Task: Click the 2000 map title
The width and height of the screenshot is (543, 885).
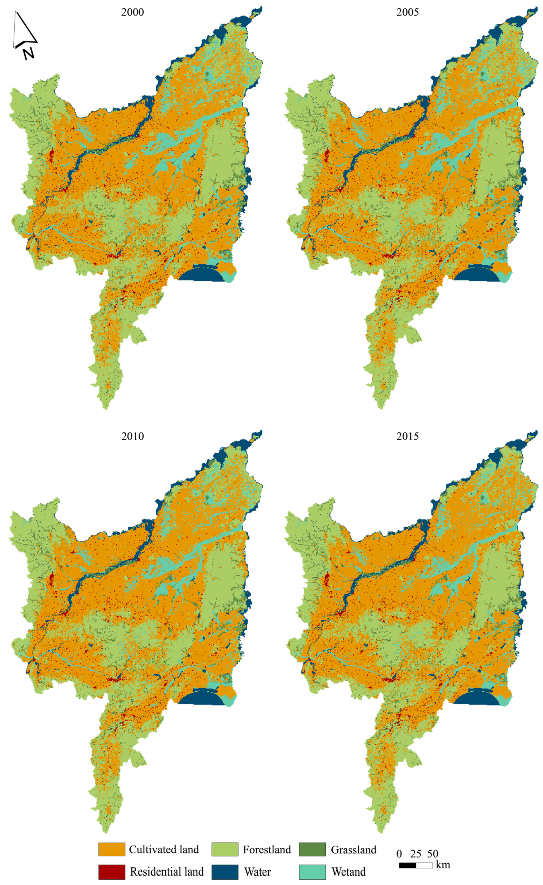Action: coord(132,12)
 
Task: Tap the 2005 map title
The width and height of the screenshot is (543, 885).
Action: coord(407,12)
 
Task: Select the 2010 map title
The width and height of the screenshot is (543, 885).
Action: coord(132,436)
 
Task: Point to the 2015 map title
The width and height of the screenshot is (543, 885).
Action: coord(407,436)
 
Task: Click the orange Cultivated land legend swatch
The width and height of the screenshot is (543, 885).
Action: coord(111,849)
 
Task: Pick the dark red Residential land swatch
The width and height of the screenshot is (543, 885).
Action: coord(111,872)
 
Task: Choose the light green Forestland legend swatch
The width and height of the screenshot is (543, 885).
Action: coord(225,849)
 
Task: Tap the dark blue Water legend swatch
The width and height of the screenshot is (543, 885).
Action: coord(225,872)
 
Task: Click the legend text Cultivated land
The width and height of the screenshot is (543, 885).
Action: coord(164,849)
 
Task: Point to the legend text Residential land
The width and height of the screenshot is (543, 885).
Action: coord(167,872)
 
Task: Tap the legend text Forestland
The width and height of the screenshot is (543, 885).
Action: coord(267,849)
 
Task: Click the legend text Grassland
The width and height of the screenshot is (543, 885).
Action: coord(353,849)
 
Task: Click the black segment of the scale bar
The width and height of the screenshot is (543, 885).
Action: coord(407,866)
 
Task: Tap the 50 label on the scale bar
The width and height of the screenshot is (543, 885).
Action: coord(433,854)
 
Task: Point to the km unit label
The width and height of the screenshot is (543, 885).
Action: coord(443,864)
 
